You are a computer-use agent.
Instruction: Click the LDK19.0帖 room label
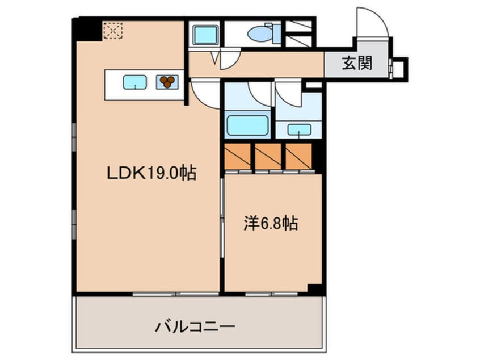pos(152,173)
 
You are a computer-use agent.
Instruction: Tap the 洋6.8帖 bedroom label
pos(271,223)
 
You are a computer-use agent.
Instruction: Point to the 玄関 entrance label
pos(357,64)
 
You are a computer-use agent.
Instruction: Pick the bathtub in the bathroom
pos(247,125)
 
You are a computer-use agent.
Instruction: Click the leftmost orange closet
pos(238,156)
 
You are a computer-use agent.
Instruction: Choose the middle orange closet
pos(268,156)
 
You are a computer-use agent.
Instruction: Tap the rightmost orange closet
pos(298,156)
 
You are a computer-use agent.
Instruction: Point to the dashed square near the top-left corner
pos(113,31)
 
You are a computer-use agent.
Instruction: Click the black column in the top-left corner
pos(86,28)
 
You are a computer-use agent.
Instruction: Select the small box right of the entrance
pos(400,68)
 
